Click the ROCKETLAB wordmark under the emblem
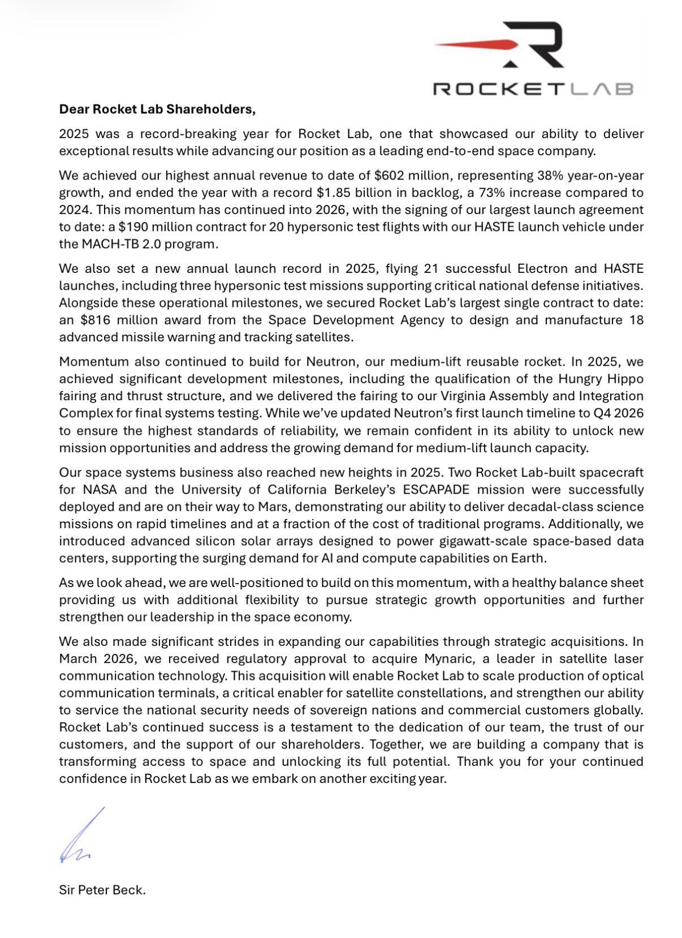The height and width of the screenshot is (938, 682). click(532, 89)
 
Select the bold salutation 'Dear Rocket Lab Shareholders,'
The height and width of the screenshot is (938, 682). click(157, 109)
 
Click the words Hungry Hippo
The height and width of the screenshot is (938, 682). click(601, 379)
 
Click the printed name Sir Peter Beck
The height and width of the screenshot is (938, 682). click(102, 890)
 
